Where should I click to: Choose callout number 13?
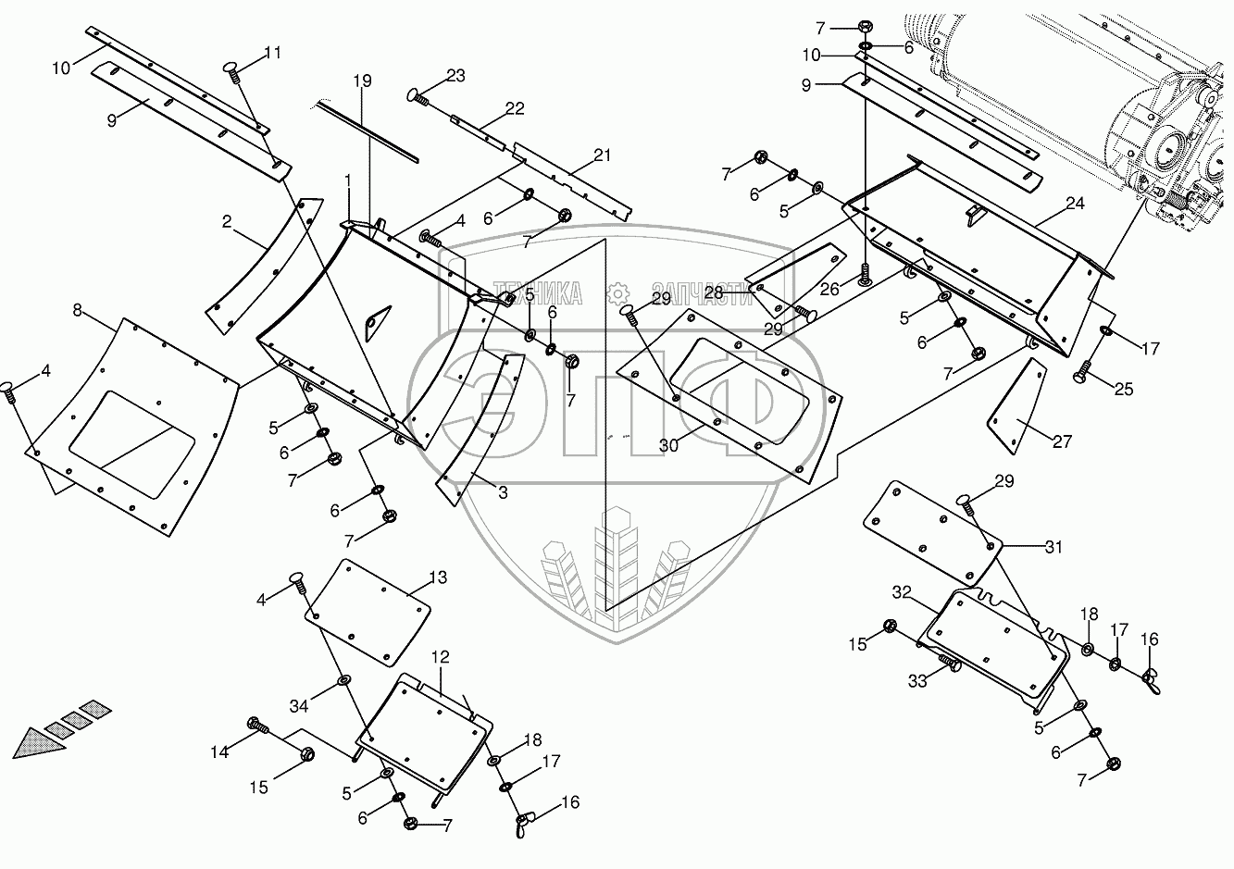tap(437, 577)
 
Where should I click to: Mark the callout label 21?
tap(602, 155)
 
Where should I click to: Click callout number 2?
tap(227, 221)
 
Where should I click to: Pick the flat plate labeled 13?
tap(368, 612)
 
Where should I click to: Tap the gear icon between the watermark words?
tap(617, 294)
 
